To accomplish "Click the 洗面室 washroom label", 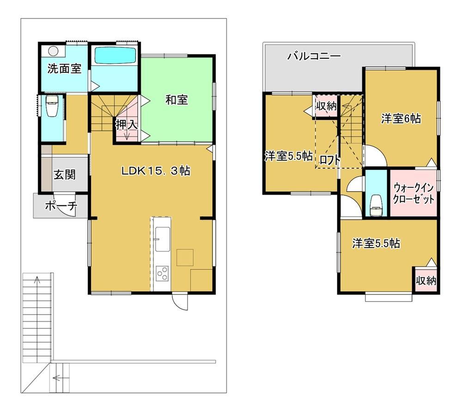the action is pyautogui.click(x=64, y=69).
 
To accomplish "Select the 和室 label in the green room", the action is pyautogui.click(x=177, y=100).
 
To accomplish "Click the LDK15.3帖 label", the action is pyautogui.click(x=156, y=171).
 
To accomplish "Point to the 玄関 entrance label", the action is pyautogui.click(x=65, y=175).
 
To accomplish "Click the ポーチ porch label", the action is pyautogui.click(x=61, y=206).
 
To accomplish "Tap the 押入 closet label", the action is pyautogui.click(x=127, y=125).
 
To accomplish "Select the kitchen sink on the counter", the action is pyautogui.click(x=162, y=239).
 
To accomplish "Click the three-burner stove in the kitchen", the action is pyautogui.click(x=162, y=273).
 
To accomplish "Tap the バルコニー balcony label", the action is pyautogui.click(x=314, y=56).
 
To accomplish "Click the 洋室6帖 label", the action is pyautogui.click(x=401, y=119).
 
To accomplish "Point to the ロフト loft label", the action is pyautogui.click(x=330, y=160).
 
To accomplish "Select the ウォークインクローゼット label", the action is pyautogui.click(x=413, y=194).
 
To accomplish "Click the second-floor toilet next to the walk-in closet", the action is pyautogui.click(x=376, y=206).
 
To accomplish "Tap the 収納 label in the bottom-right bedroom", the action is pyautogui.click(x=426, y=281).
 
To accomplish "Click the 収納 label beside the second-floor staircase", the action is pyautogui.click(x=327, y=106).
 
